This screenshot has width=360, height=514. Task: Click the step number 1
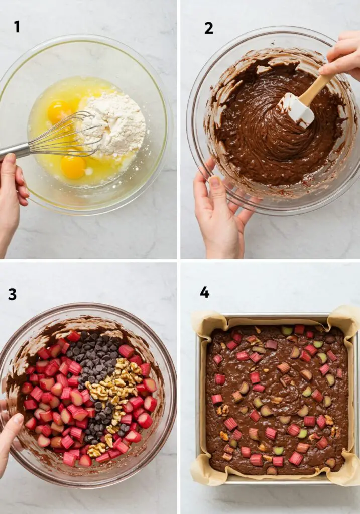[x=17, y=26]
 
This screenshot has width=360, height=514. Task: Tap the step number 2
[x=208, y=28]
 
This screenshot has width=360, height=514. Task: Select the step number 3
[x=12, y=294]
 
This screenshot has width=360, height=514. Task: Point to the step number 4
[x=204, y=292]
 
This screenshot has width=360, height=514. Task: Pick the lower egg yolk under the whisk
[x=73, y=166]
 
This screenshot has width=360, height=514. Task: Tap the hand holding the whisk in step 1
[x=11, y=191]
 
